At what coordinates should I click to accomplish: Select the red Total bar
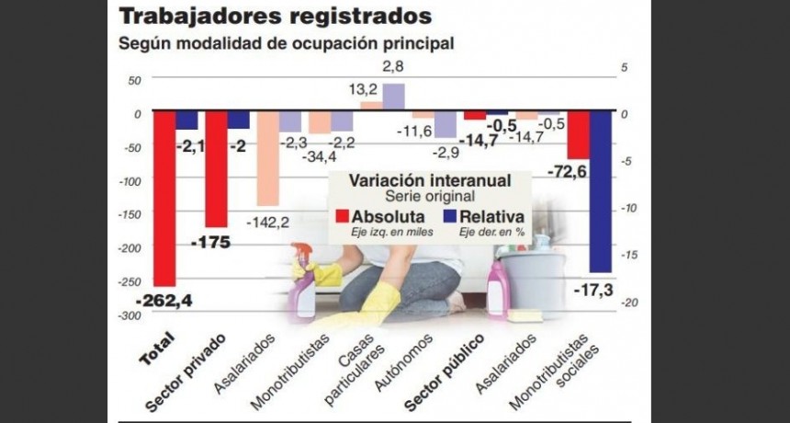point(164,198)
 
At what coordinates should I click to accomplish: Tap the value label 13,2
point(366,89)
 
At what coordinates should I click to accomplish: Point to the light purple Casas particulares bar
point(393,96)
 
